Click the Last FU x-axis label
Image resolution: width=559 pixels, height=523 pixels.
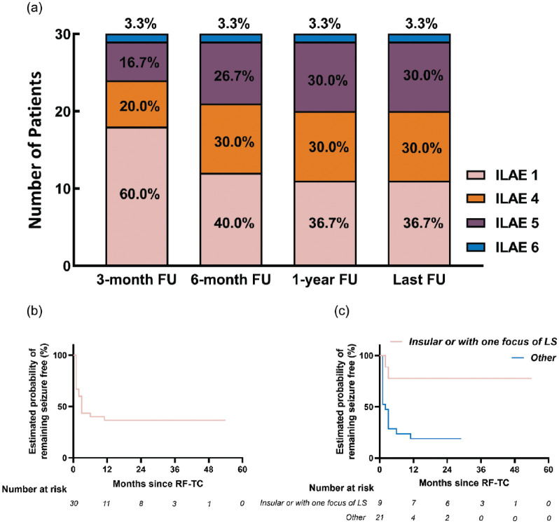coord(420,280)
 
